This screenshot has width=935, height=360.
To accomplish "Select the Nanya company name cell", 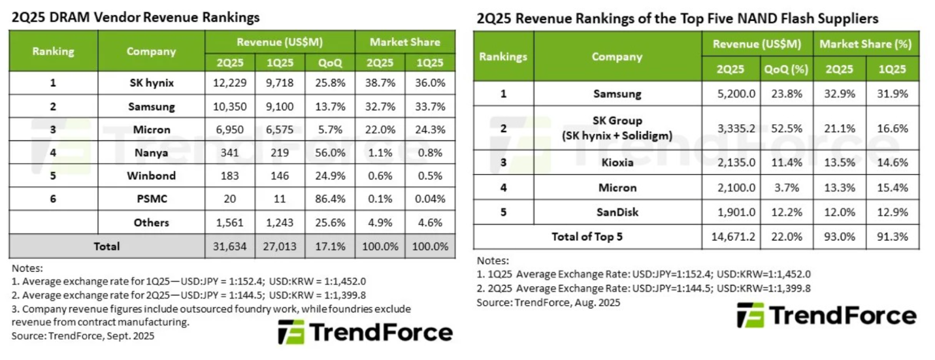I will point(151,153).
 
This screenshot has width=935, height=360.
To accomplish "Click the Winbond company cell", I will point(151,176).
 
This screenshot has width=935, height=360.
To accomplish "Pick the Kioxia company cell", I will point(616,162).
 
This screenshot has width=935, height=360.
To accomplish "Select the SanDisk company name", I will point(616,212).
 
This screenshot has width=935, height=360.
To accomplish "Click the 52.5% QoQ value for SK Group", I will point(786,128).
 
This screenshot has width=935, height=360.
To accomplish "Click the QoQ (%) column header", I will point(786,69).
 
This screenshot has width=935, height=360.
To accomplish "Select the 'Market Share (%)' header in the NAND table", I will point(866,44).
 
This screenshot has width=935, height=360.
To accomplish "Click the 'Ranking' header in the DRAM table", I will point(54,51).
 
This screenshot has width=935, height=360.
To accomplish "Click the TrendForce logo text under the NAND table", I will point(843,316).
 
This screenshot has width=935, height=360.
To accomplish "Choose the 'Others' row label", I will point(151,223).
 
